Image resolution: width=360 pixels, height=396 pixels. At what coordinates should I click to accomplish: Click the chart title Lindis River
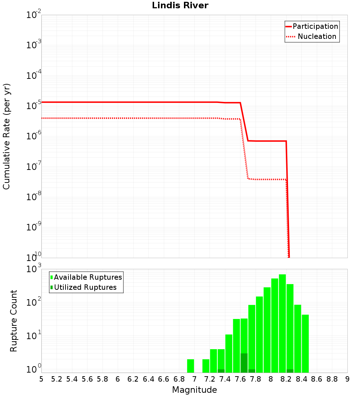pyautogui.click(x=180, y=5)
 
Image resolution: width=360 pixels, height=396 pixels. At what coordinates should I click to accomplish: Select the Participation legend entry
pyautogui.click(x=315, y=26)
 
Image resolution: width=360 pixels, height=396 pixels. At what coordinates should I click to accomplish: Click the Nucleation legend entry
pyautogui.click(x=316, y=36)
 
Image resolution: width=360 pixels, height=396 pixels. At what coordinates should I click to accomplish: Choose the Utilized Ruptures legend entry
pyautogui.click(x=85, y=287)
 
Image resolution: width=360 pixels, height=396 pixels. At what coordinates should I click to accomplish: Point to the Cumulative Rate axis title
pyautogui.click(x=6, y=136)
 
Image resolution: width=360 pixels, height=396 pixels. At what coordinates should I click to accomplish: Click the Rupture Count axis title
pyautogui.click(x=14, y=321)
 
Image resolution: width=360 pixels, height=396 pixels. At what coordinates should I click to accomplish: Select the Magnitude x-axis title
pyautogui.click(x=194, y=390)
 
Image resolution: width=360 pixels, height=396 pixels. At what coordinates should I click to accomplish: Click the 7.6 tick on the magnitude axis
pyautogui.click(x=240, y=379)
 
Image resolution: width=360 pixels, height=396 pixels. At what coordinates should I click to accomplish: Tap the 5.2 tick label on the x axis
pyautogui.click(x=57, y=379)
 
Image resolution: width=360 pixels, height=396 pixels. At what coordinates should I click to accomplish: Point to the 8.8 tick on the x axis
pyautogui.click(x=332, y=379)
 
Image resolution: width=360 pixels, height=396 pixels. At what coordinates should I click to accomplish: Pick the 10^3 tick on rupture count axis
pyautogui.click(x=33, y=269)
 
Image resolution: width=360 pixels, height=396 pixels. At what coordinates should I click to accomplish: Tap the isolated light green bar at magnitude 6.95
pyautogui.click(x=190, y=366)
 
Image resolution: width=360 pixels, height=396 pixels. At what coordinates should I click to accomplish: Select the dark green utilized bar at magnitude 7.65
pyautogui.click(x=244, y=363)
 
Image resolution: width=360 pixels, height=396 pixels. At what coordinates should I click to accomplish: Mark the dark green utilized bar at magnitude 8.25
pyautogui.click(x=290, y=371)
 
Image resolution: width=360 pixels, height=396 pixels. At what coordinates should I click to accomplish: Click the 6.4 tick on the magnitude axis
pyautogui.click(x=148, y=379)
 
